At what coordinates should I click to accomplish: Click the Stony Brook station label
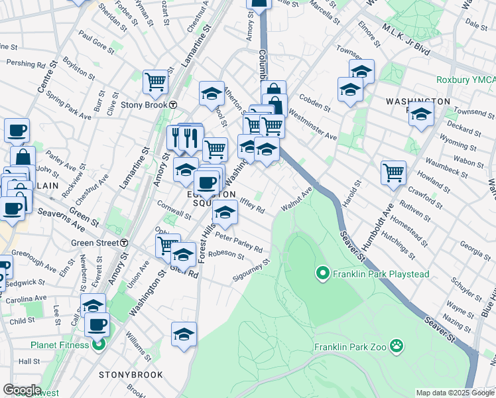click(144, 105)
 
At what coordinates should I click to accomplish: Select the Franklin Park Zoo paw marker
click(397, 345)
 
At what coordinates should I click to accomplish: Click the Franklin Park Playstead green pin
click(323, 273)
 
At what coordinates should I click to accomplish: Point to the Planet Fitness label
click(60, 345)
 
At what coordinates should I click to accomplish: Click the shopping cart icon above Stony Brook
click(155, 82)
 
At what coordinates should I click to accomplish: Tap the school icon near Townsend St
click(421, 114)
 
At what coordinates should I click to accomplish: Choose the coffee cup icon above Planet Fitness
click(97, 324)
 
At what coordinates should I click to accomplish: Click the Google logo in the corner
click(22, 390)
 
